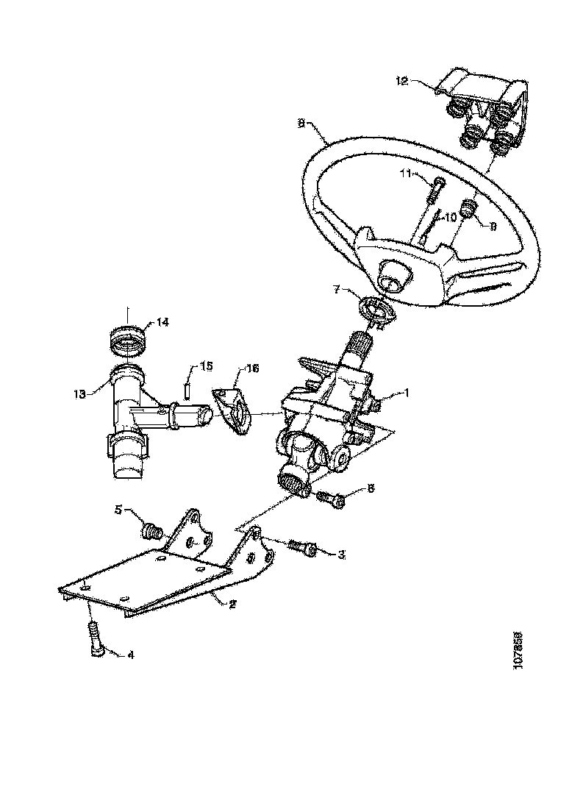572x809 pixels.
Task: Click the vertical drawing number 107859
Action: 517,649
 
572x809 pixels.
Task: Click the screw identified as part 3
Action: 301,548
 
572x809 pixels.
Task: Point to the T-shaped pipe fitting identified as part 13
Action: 132,412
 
